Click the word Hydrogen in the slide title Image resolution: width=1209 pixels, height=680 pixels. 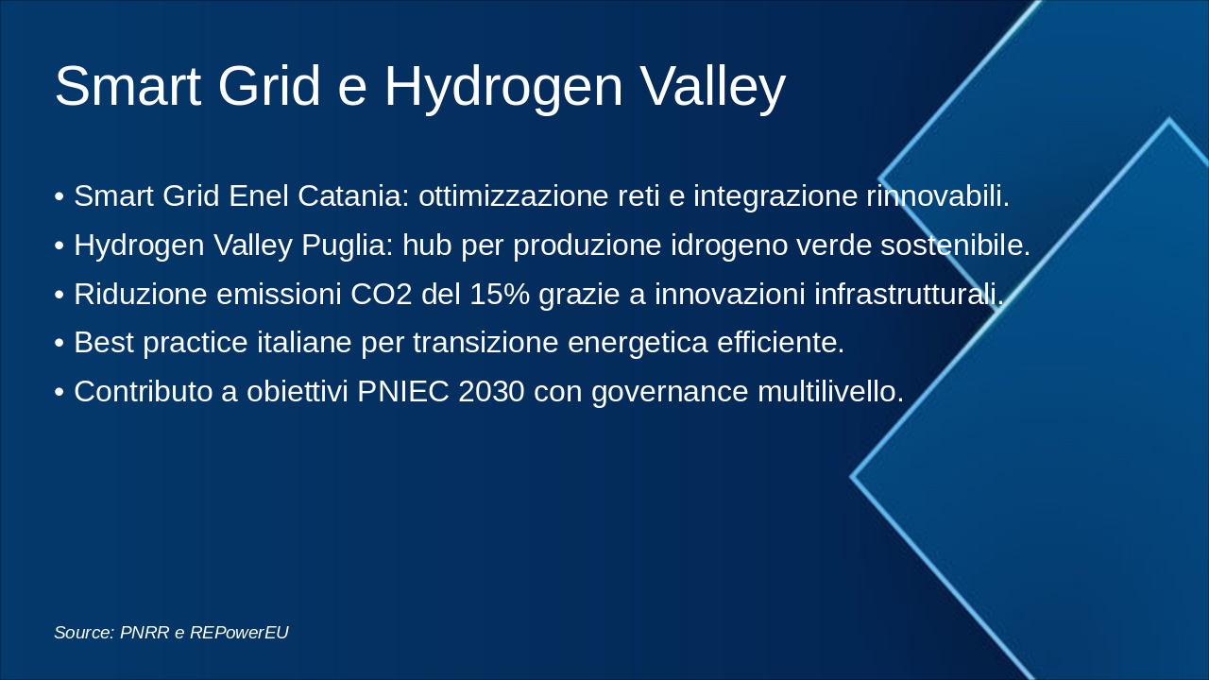(x=503, y=87)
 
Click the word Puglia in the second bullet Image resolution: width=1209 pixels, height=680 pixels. (x=347, y=246)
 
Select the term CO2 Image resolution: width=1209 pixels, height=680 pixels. (x=382, y=295)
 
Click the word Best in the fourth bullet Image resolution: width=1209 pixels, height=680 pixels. (x=104, y=343)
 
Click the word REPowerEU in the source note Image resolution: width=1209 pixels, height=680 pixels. (x=239, y=633)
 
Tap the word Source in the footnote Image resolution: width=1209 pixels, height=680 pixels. (x=84, y=633)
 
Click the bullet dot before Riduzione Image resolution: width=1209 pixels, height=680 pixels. (x=60, y=295)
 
